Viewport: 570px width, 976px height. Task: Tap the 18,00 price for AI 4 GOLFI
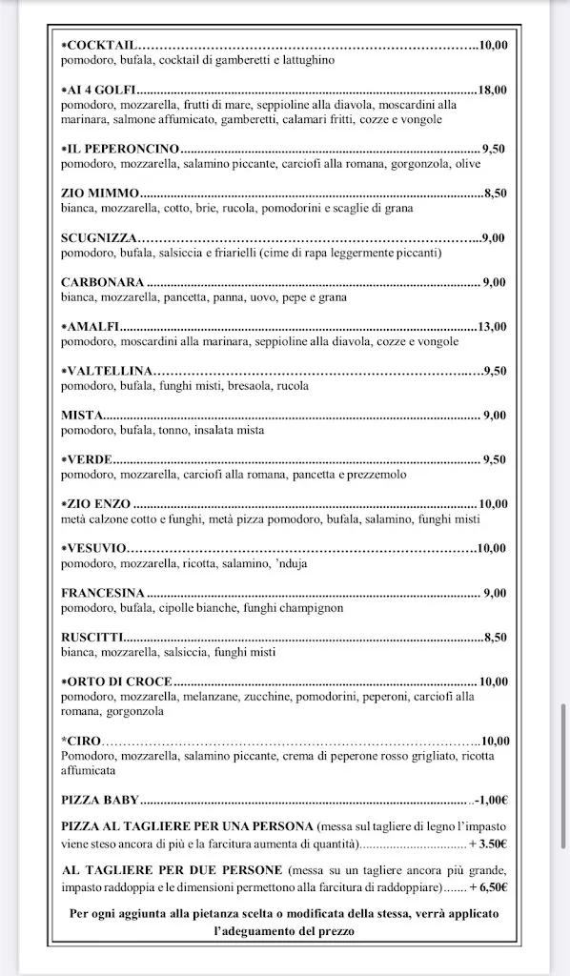coord(493,91)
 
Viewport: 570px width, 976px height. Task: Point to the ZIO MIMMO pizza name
coord(100,193)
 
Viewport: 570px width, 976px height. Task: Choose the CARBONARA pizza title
coord(102,282)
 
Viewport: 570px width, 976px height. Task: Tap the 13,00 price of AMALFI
coord(493,326)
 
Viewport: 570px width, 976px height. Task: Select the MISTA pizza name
coord(82,415)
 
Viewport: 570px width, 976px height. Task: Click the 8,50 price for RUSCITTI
coord(496,638)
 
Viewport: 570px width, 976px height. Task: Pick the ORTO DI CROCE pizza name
coord(117,681)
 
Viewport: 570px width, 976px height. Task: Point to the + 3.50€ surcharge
coord(487,844)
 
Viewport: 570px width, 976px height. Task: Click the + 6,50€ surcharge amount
coord(487,887)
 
